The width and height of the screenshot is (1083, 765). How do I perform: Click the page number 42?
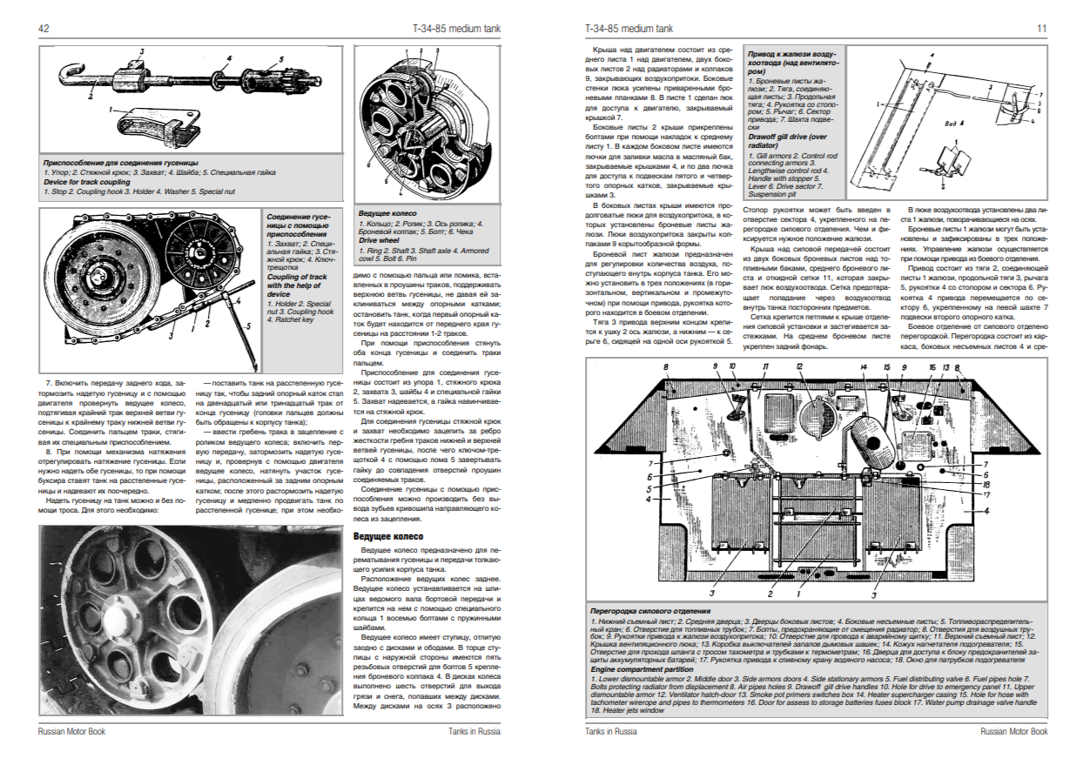(43, 29)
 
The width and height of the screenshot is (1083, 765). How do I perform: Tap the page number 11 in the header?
(1040, 29)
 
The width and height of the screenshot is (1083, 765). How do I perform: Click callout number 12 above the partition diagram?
(798, 366)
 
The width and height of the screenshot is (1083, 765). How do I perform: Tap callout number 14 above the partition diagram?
(863, 366)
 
